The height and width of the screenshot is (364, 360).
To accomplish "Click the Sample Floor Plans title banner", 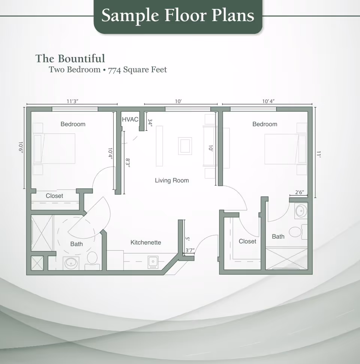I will coord(178,15).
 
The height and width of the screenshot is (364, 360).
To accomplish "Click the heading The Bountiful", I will coord(70,59).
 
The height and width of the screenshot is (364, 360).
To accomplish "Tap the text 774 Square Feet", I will coord(137,70).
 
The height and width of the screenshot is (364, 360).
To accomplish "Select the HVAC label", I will coord(130,119).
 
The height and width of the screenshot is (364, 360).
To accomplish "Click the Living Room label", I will coord(172,180).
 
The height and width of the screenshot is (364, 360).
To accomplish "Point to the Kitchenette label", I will coord(145,242).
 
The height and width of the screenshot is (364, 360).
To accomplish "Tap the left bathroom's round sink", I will coord(70,263).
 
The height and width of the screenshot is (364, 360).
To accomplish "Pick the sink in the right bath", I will coord(301,211).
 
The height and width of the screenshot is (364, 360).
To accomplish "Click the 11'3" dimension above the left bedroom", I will coord(72,101).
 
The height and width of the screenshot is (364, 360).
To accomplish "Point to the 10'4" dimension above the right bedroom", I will coord(268,101).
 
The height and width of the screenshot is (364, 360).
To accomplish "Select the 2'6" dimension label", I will coord(299,193).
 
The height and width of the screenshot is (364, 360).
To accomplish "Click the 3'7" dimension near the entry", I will coord(190,250).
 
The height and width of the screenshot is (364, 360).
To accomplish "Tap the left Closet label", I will coord(54,196).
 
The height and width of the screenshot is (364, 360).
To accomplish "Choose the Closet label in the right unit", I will coord(247,241).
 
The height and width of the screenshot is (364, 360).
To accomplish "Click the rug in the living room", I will coord(185,146).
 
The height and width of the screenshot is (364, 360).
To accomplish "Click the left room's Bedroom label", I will coord(73,124).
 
